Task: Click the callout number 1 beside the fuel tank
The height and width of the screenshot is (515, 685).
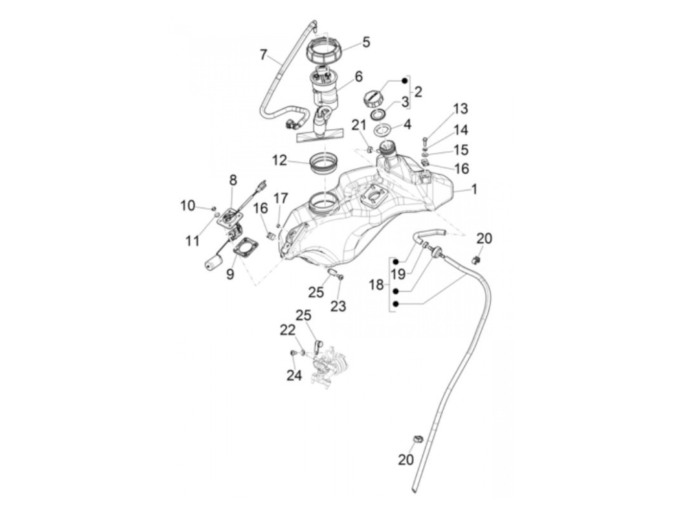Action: (474, 189)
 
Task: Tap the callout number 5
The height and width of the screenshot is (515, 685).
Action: (366, 42)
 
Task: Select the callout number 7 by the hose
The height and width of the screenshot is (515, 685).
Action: (264, 54)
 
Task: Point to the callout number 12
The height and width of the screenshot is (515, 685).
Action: (280, 160)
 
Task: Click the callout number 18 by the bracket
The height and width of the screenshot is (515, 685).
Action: (376, 285)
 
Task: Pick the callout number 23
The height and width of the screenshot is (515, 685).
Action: (338, 306)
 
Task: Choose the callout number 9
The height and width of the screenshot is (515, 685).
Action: (230, 275)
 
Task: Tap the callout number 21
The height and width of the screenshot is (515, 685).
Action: (359, 125)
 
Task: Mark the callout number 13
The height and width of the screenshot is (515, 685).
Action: (460, 108)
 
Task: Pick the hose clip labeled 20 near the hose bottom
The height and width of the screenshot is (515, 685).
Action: (417, 439)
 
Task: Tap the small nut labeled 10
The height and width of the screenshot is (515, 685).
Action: (214, 209)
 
